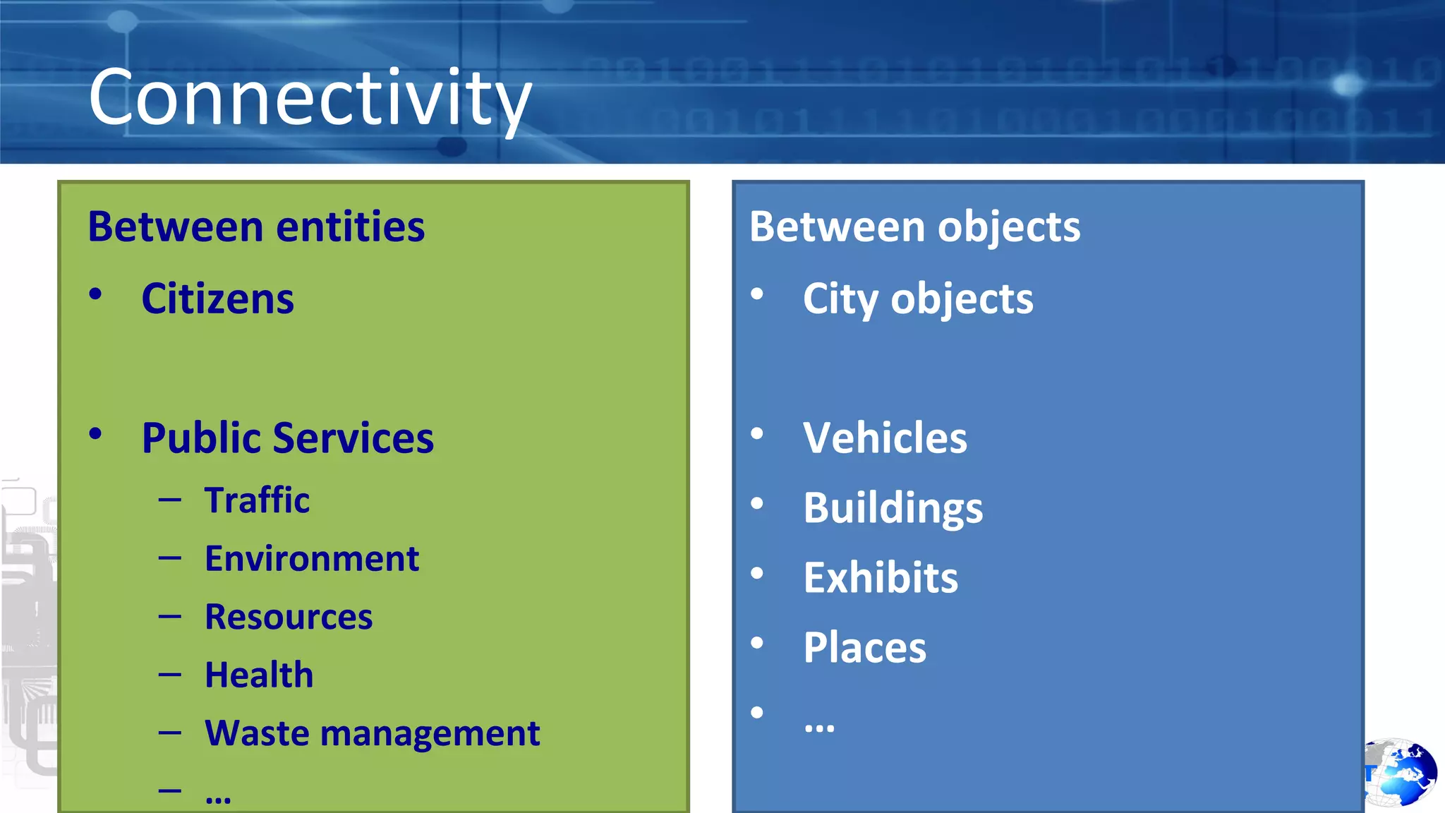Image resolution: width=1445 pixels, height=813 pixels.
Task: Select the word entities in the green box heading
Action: (351, 227)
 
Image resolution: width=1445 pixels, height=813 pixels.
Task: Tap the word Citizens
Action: (217, 299)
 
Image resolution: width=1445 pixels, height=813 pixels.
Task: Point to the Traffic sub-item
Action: (257, 500)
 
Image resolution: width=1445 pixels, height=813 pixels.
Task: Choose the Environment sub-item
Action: (311, 559)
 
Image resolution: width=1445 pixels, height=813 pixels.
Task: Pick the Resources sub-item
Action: (288, 617)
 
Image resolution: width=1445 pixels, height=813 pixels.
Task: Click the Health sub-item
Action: (258, 675)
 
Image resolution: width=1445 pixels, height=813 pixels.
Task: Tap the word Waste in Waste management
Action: (257, 733)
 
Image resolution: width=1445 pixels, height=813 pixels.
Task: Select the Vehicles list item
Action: (885, 438)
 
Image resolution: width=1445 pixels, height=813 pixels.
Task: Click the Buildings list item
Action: (893, 508)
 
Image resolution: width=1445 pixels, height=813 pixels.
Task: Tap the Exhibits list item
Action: (881, 578)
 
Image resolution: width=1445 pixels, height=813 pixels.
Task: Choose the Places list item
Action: (864, 648)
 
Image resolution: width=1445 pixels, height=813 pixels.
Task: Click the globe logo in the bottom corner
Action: (1401, 773)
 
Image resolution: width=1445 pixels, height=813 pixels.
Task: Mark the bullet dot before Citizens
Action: (95, 294)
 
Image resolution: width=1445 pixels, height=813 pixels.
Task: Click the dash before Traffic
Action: (170, 500)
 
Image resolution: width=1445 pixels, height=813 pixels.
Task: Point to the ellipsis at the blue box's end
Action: (819, 728)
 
